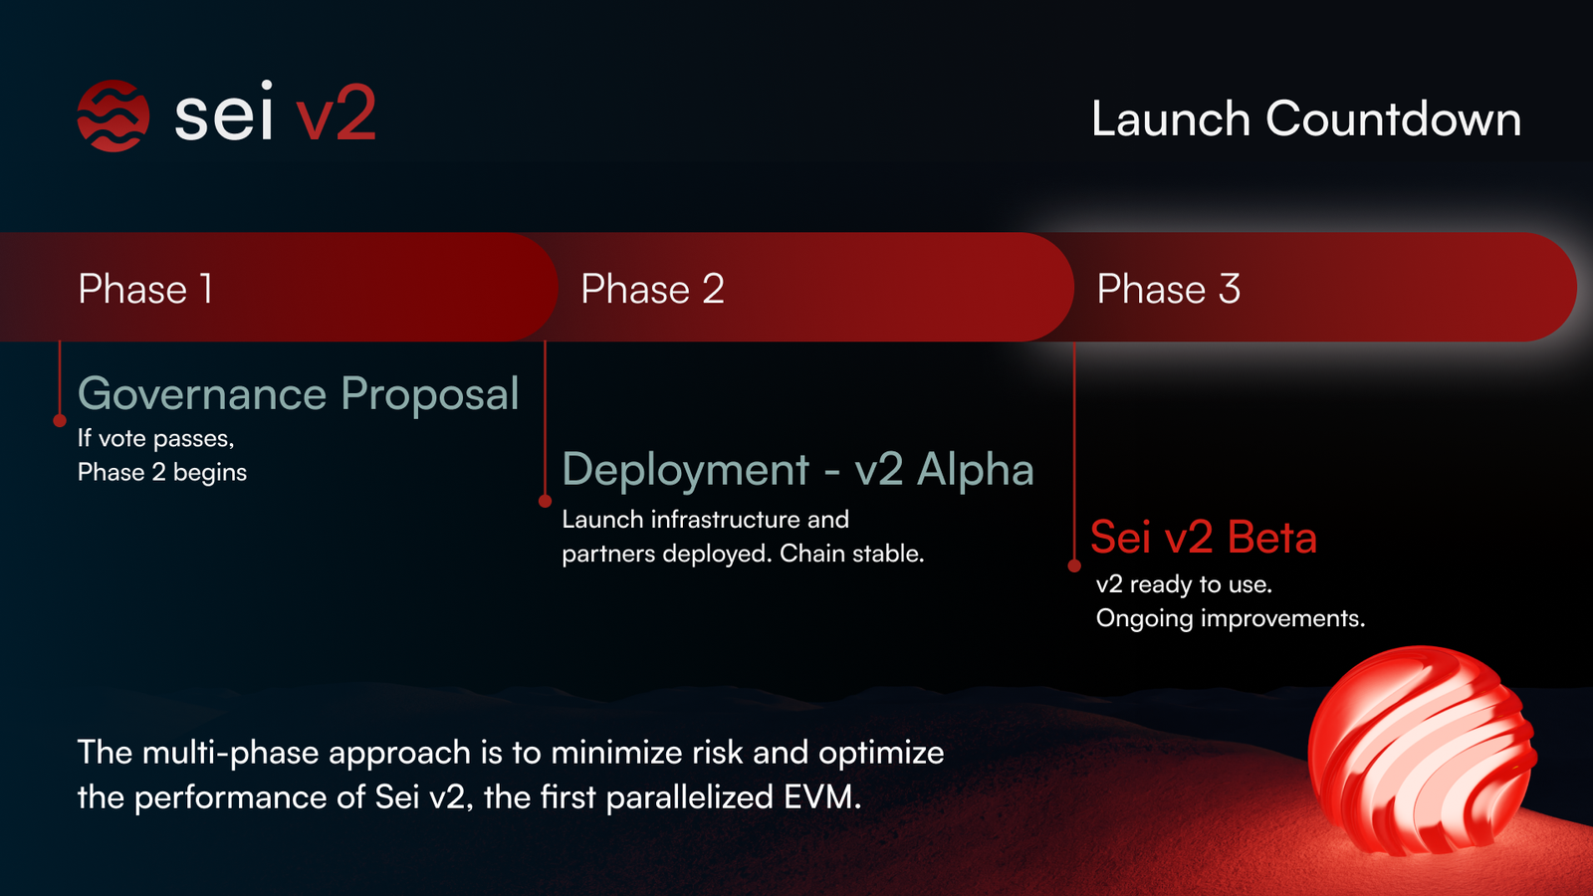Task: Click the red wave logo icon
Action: pos(114,115)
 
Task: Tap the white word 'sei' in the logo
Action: pos(223,115)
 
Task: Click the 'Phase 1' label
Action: pos(145,290)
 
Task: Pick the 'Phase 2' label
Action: pos(652,290)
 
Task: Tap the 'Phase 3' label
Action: pos(1168,290)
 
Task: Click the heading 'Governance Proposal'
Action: pos(298,394)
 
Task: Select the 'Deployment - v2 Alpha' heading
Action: pos(797,470)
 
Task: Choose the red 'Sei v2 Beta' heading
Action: pos(1203,538)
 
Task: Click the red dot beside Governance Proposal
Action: pos(60,421)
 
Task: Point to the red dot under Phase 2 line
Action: pos(545,501)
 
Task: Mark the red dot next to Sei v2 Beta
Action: pos(1074,565)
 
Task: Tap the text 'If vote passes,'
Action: pos(155,439)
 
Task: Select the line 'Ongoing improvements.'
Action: pos(1230,618)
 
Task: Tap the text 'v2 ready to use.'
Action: pos(1184,584)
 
